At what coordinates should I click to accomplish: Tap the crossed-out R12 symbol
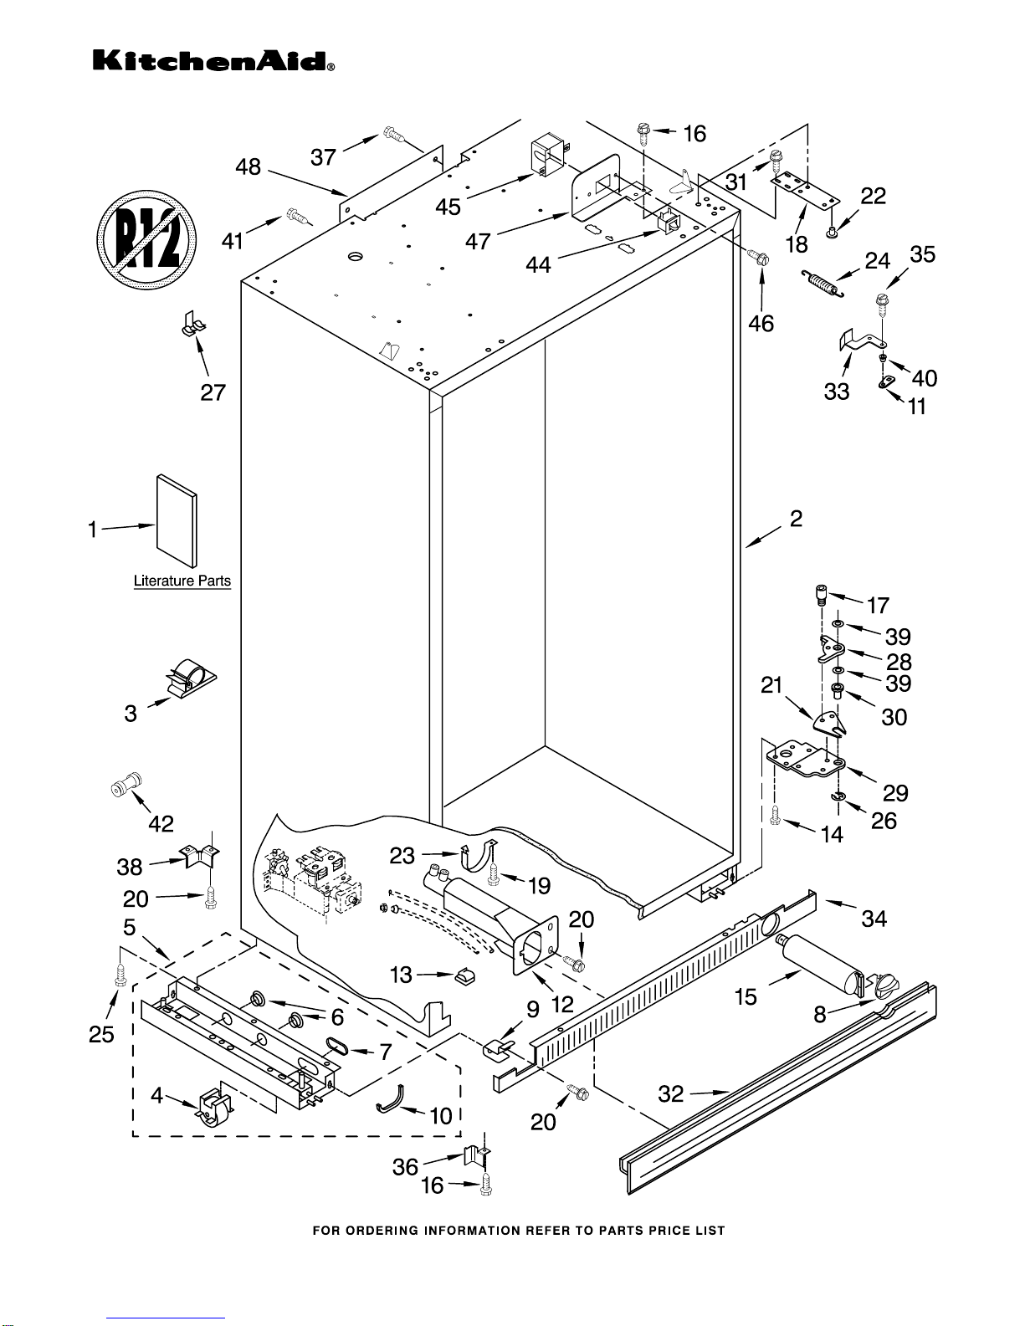[146, 241]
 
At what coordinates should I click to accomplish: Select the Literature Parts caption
[182, 581]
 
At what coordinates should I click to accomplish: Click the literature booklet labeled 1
[177, 520]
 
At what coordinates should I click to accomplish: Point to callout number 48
[248, 167]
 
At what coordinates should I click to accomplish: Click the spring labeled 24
[823, 282]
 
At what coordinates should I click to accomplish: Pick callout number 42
[161, 824]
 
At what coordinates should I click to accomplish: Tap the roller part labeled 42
[126, 786]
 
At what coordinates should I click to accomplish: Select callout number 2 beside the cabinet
[796, 519]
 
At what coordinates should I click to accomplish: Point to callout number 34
[874, 919]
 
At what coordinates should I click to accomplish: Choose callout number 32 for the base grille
[671, 1094]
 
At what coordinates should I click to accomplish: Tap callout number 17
[878, 606]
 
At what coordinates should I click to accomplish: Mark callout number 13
[402, 975]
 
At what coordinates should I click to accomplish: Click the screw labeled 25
[119, 973]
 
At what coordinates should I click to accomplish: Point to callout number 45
[448, 207]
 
